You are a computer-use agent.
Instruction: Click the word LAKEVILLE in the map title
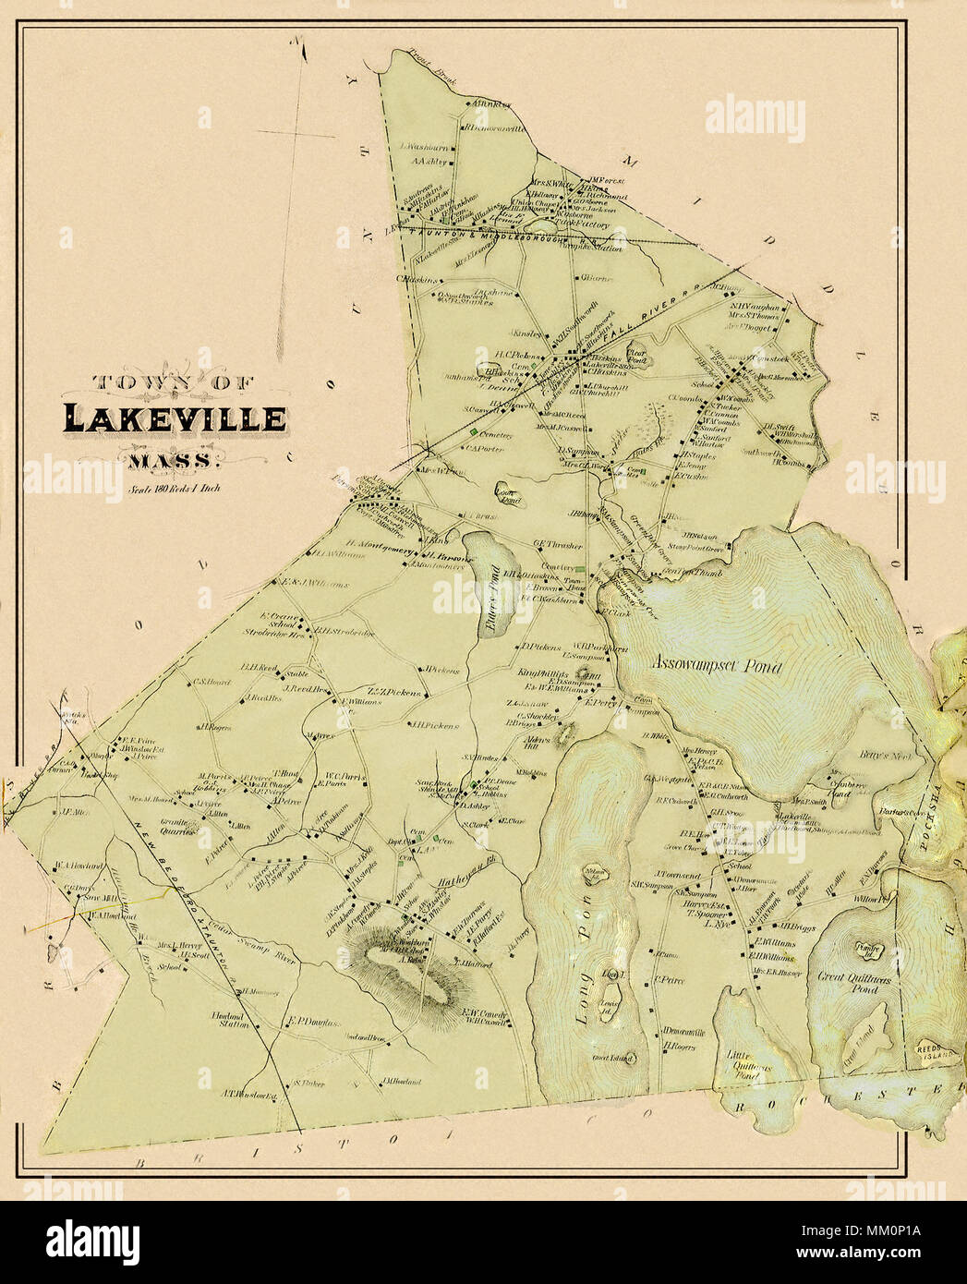[175, 418]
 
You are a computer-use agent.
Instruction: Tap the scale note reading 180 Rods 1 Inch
[175, 491]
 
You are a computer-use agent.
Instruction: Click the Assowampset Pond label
[716, 666]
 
